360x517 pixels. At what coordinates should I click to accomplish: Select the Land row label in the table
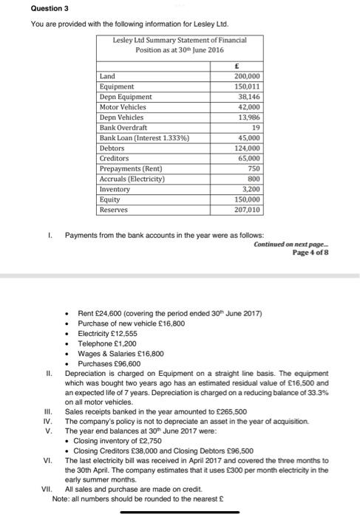point(107,76)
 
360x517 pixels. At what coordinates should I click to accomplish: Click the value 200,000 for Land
point(246,76)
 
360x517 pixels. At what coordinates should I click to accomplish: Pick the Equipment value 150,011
point(246,86)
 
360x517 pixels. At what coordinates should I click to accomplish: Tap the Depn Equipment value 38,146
point(248,97)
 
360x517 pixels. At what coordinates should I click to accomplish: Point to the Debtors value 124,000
point(246,148)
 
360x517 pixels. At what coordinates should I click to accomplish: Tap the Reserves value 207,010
point(246,210)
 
